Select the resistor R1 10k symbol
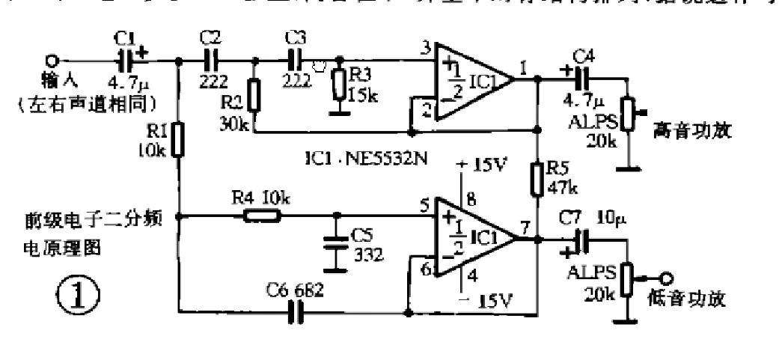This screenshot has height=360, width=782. coord(178,140)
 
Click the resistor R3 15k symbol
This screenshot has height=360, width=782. coord(341,83)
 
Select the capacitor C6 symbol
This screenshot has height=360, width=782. coord(294,314)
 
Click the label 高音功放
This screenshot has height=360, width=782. coord(691,132)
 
